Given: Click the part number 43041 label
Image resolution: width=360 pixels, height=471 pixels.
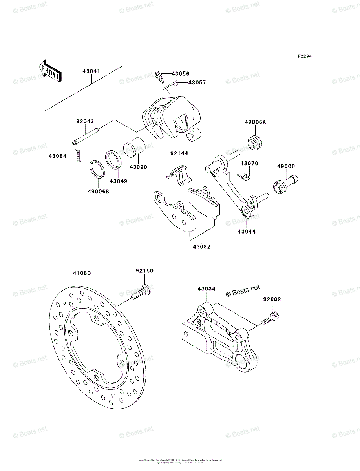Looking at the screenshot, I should coord(91,72).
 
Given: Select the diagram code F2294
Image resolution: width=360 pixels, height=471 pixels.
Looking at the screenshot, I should coord(304,57).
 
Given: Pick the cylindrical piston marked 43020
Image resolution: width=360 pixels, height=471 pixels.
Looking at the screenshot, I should coord(135,149).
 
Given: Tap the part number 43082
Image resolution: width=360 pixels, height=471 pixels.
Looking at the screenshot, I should coord(201,247).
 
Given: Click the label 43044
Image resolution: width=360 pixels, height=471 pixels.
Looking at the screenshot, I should coord(247,232).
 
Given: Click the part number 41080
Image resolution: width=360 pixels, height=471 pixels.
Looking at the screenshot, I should coord(82,273).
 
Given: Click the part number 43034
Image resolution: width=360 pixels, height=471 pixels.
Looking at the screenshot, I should coord(206,289).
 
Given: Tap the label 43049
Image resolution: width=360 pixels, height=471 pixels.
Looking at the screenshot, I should coord(118,181).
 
